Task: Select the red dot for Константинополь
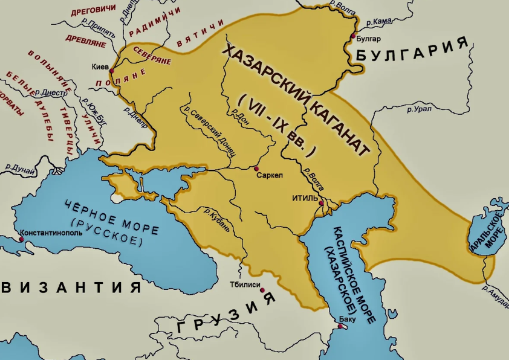[22, 239]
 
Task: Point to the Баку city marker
[340, 327]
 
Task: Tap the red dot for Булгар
[354, 37]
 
